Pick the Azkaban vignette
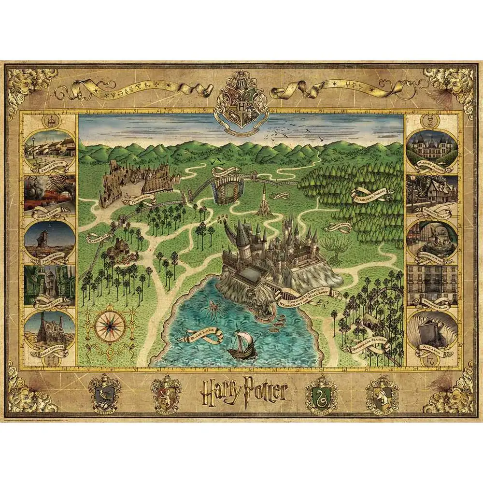pyautogui.click(x=431, y=331)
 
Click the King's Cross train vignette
pyautogui.click(x=49, y=193)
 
